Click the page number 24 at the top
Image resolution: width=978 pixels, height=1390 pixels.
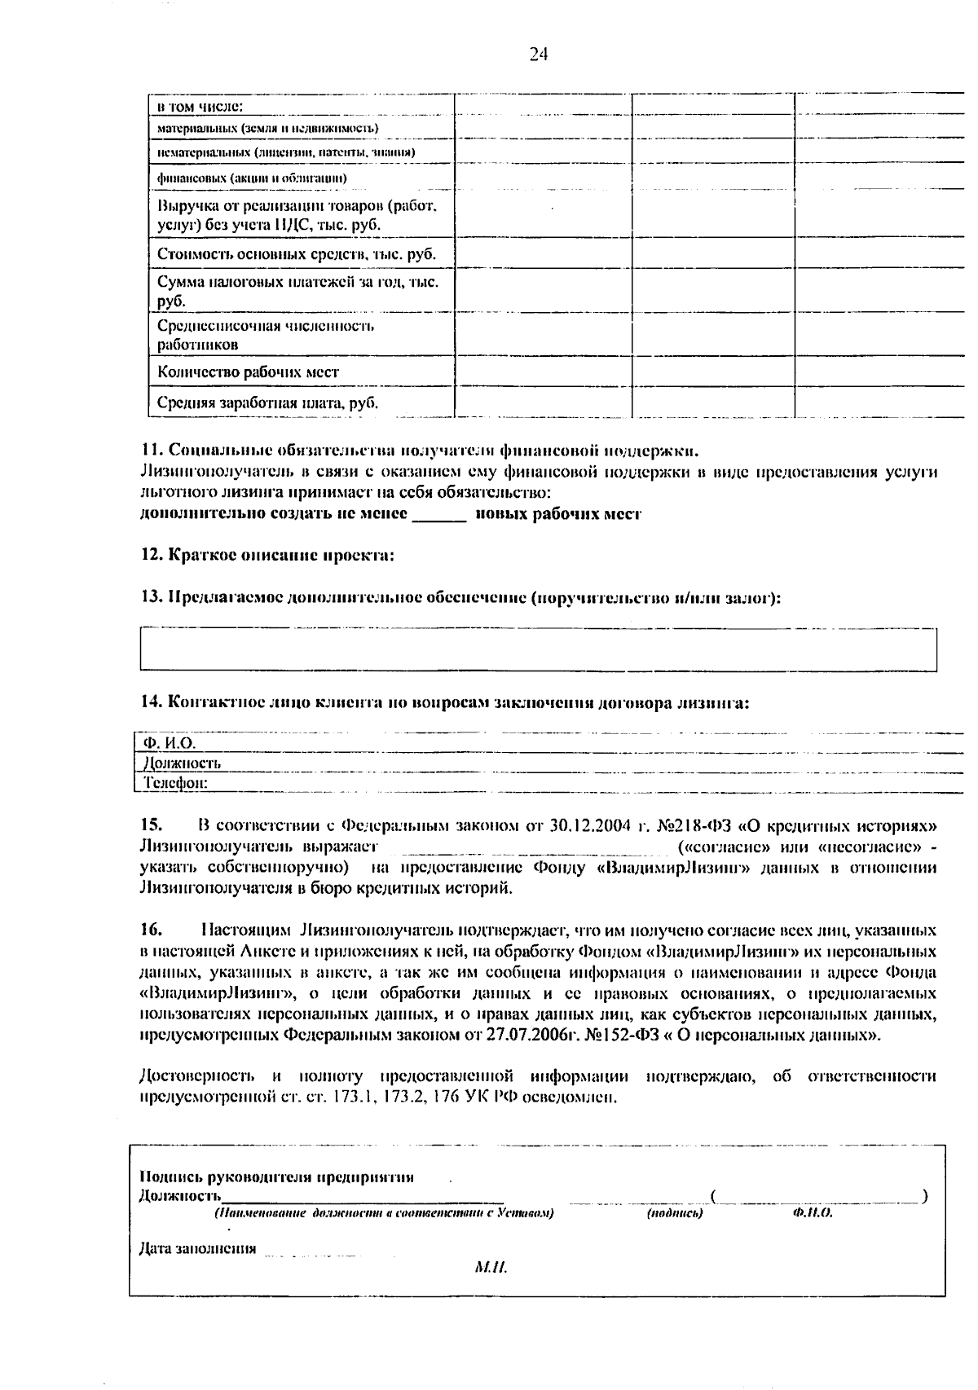click(x=538, y=55)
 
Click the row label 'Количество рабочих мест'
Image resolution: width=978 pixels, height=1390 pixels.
click(x=248, y=372)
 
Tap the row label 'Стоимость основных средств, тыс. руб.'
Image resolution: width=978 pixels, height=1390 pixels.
click(x=297, y=254)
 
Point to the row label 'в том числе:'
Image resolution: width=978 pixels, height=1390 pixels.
click(x=200, y=106)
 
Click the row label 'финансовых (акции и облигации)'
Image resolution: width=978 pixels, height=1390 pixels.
click(x=252, y=178)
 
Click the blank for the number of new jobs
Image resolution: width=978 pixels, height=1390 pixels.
click(x=439, y=515)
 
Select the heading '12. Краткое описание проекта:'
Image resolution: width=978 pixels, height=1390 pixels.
click(x=267, y=556)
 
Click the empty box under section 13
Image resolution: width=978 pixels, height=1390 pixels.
click(x=538, y=649)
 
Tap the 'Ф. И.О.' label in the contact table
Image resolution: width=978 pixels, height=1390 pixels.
click(x=170, y=743)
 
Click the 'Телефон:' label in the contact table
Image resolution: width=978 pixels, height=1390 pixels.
click(x=175, y=783)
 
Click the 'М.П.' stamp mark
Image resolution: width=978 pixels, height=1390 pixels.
click(x=490, y=1268)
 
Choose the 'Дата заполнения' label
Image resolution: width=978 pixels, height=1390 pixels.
click(x=197, y=1248)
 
